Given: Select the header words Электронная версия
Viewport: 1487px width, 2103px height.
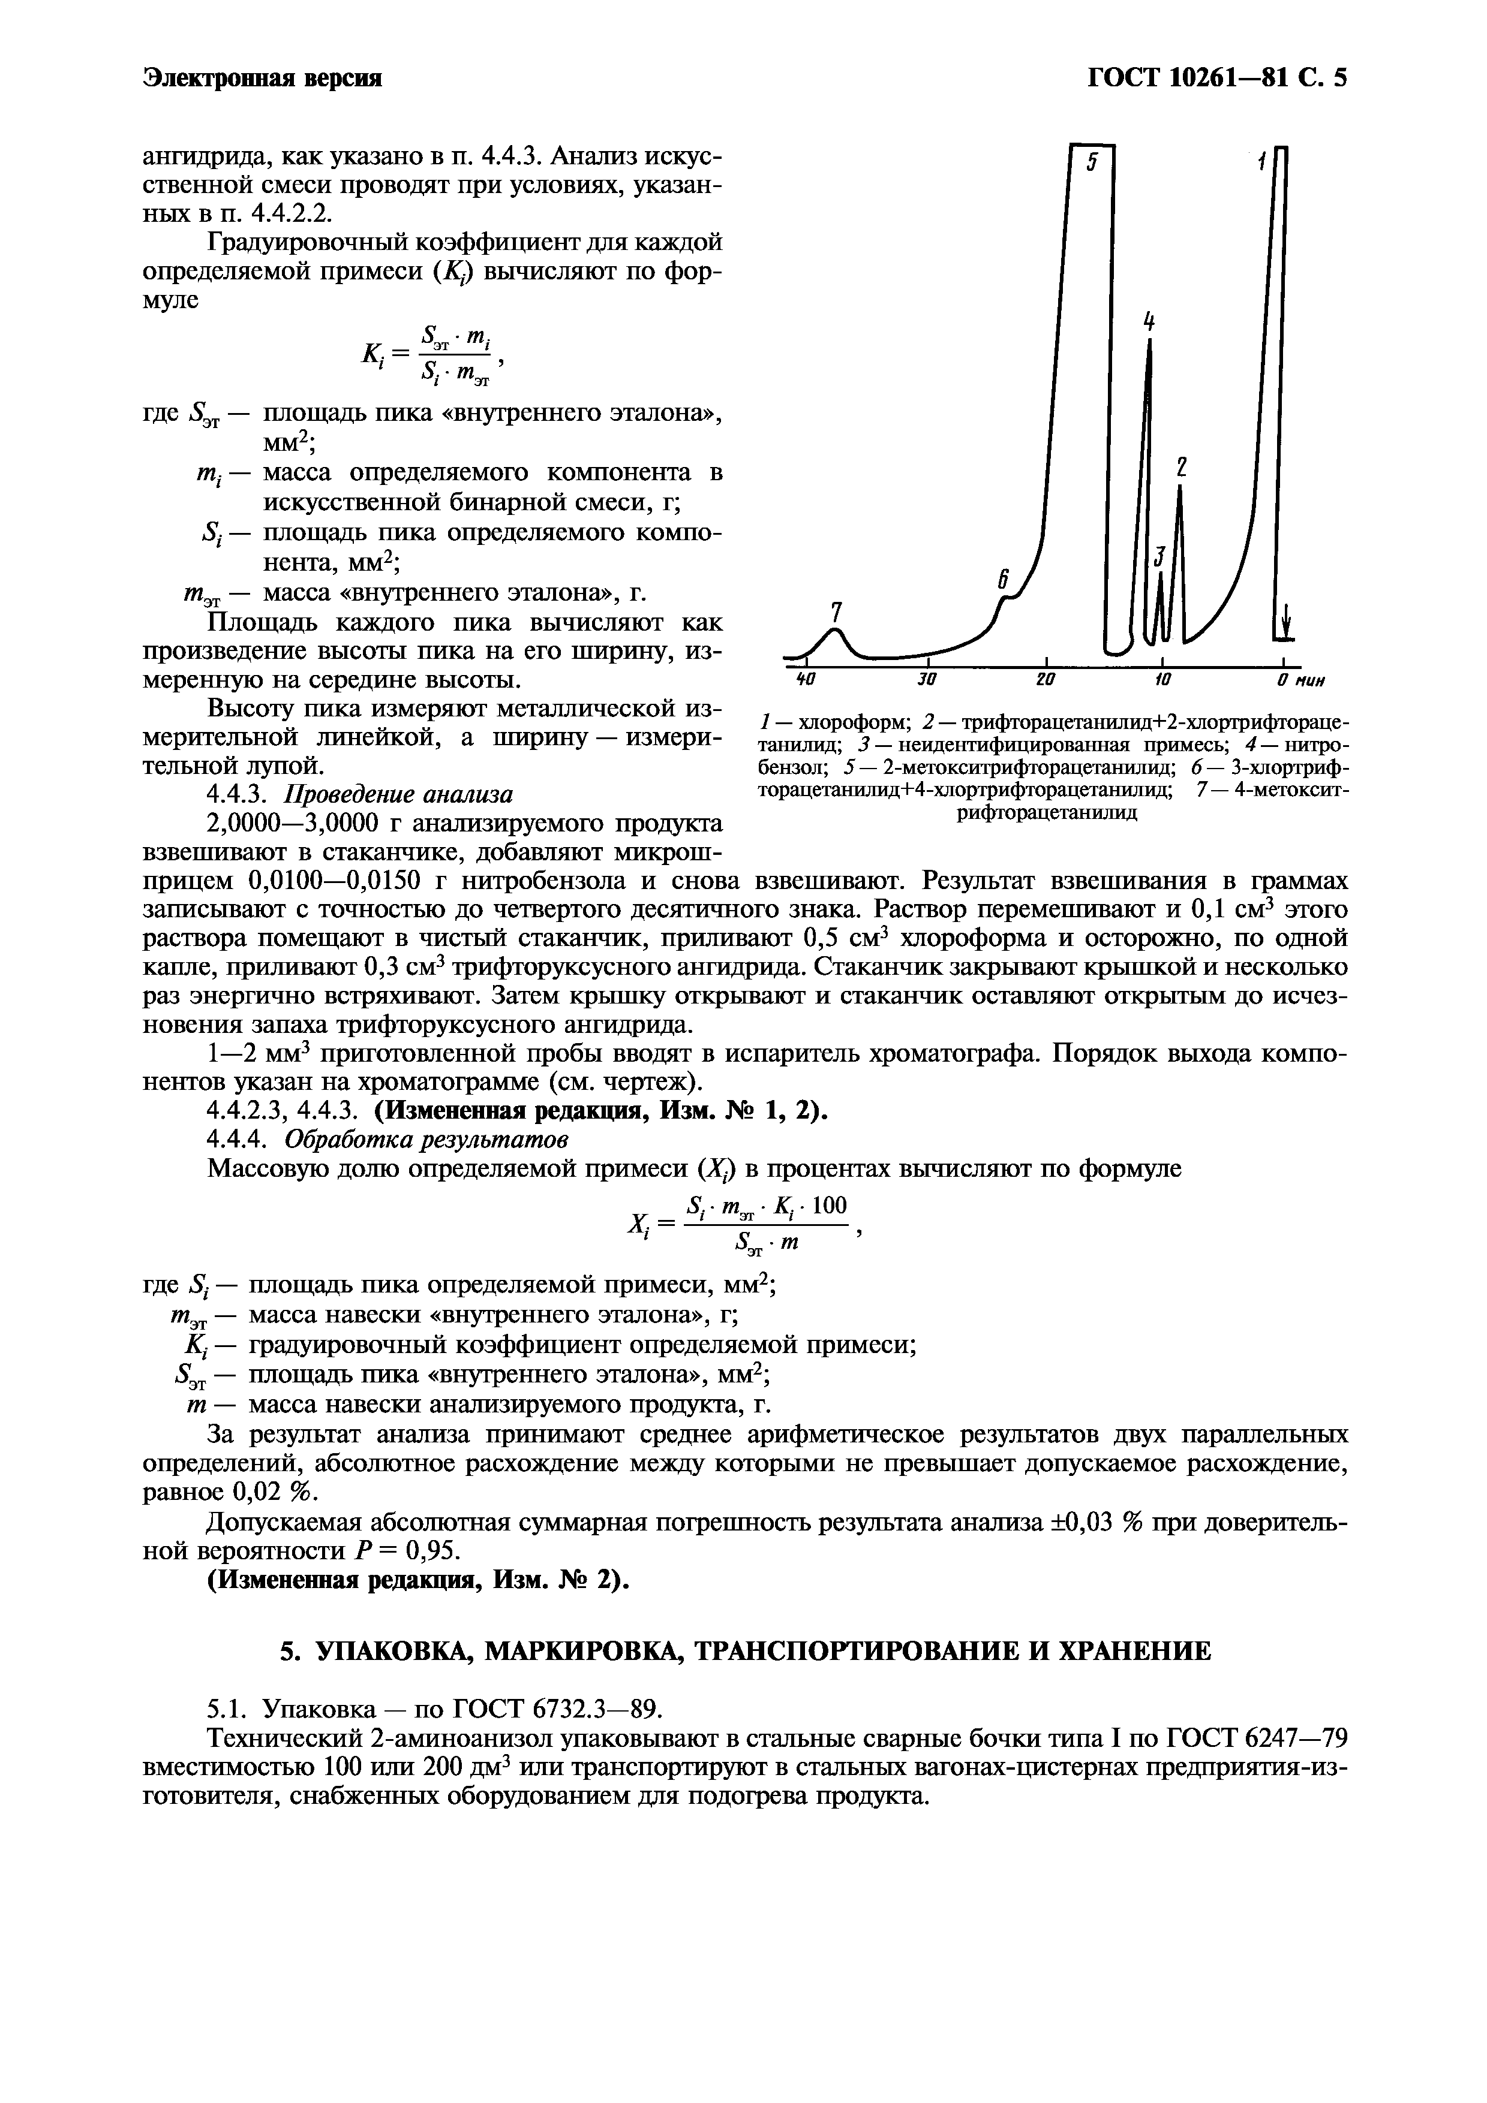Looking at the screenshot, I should (x=262, y=79).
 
